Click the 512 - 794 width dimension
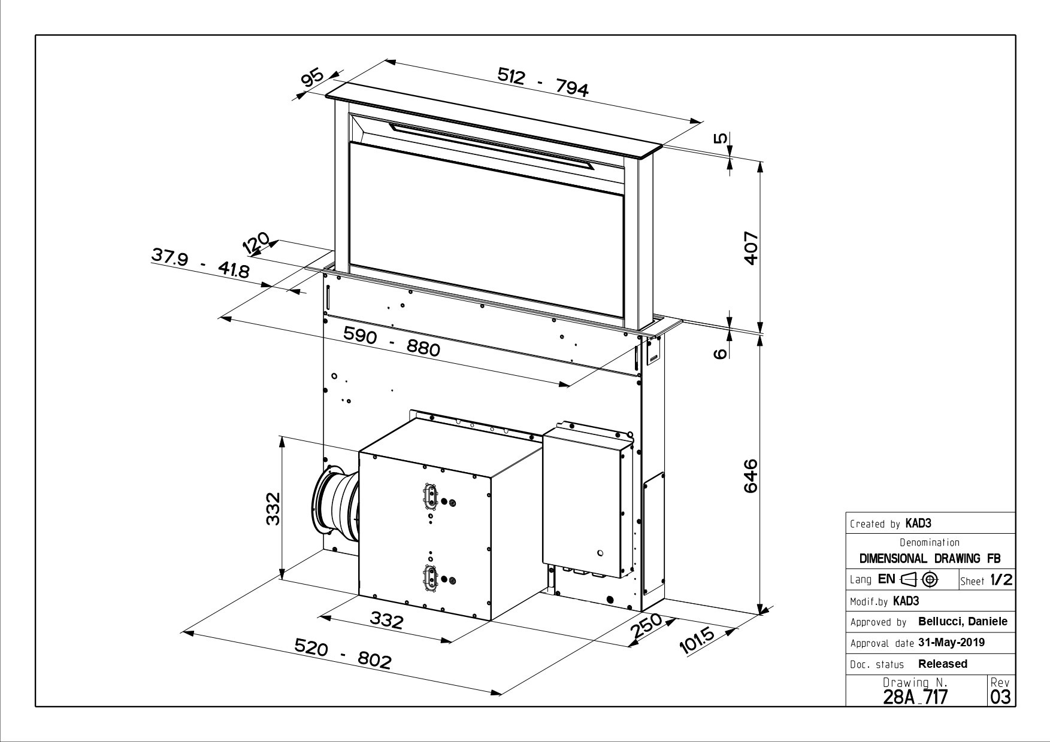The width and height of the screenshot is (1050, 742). [x=543, y=82]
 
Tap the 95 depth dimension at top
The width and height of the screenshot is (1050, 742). [x=311, y=78]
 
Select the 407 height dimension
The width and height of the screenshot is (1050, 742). [x=751, y=247]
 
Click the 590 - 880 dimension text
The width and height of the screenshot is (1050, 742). [x=392, y=342]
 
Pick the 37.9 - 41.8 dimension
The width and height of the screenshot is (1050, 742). [x=200, y=263]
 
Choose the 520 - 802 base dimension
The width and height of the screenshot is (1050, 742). [x=343, y=653]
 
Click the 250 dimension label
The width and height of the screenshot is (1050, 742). [x=646, y=626]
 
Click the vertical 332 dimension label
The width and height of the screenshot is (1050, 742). [x=273, y=508]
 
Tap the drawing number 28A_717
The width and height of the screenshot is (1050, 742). [x=915, y=697]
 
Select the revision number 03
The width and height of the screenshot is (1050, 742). [x=1001, y=697]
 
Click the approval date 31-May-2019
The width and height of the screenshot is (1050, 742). [x=951, y=643]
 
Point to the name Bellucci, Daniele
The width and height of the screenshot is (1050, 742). [x=963, y=622]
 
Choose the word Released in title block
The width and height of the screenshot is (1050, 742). [x=943, y=664]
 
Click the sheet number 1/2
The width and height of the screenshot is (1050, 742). [x=1001, y=580]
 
